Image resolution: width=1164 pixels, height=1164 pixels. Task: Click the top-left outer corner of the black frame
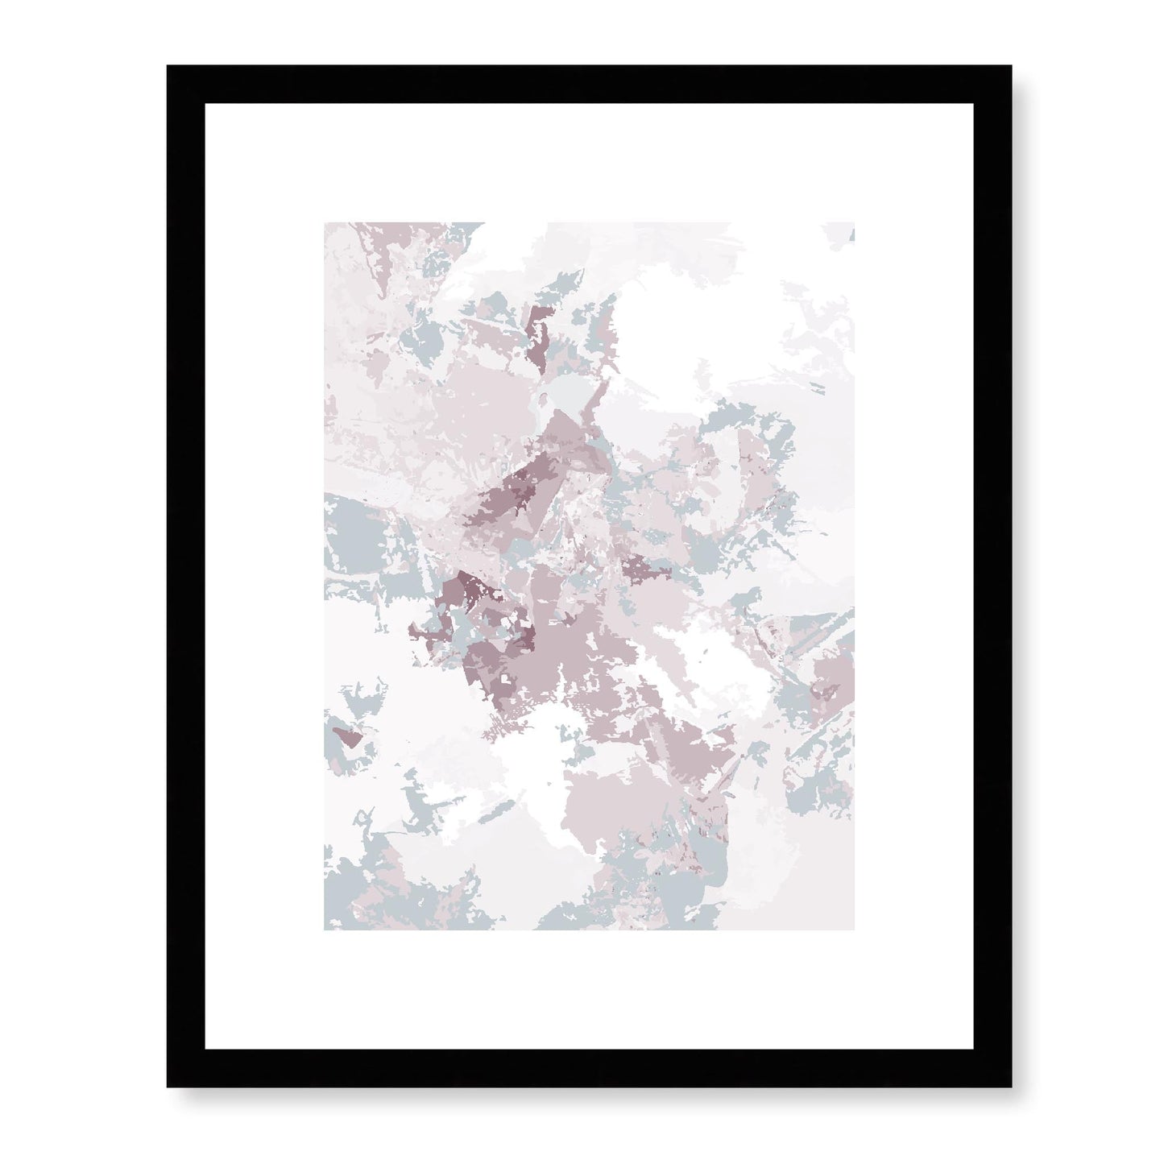(x=168, y=66)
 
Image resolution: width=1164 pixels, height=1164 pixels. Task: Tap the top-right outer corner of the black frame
(x=996, y=66)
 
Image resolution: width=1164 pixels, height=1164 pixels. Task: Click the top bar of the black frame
(x=582, y=85)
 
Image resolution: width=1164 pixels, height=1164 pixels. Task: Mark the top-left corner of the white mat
(x=205, y=104)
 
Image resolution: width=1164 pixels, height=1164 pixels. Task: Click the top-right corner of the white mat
(x=959, y=104)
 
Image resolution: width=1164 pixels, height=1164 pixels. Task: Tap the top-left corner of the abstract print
(x=325, y=223)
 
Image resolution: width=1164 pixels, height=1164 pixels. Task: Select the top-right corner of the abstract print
(x=854, y=223)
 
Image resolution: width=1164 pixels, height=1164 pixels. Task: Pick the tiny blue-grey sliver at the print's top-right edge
(x=851, y=234)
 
